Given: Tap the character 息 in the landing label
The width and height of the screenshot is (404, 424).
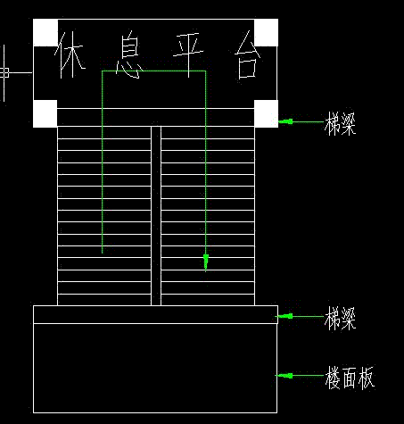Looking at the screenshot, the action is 129,54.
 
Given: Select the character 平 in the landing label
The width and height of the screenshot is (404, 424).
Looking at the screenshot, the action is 188,54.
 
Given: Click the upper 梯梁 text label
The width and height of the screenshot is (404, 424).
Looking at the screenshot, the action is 340,123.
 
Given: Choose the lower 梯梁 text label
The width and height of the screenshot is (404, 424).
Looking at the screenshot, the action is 340,319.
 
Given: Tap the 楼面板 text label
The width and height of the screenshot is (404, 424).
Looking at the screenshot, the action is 350,378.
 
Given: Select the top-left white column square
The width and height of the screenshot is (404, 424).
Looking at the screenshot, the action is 45,33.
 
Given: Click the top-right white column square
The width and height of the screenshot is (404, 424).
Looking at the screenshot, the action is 267,33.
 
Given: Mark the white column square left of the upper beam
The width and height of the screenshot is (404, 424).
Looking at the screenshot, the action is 45,113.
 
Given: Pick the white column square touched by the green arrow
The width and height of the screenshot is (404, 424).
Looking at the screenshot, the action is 267,113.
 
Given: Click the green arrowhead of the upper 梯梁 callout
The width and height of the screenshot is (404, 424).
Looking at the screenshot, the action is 285,121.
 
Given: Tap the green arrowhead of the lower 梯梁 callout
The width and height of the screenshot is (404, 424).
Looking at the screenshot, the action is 284,316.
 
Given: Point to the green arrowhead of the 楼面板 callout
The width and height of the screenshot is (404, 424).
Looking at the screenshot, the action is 284,376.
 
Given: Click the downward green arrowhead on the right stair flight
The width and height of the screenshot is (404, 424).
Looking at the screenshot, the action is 206,262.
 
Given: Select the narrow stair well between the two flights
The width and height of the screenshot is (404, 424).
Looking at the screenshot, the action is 156,216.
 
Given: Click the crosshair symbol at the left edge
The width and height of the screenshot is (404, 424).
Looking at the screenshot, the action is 4,72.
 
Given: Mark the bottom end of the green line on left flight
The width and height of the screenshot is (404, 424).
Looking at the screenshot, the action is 103,254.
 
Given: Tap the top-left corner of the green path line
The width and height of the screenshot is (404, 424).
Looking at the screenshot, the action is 103,71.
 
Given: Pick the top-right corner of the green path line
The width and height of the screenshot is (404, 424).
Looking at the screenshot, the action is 205,71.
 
